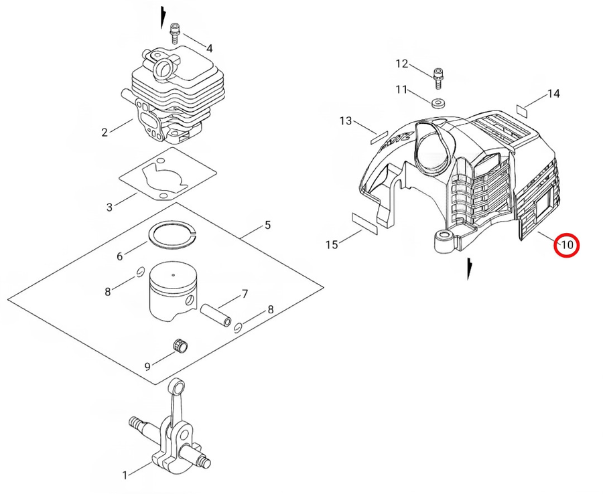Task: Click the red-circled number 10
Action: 567,245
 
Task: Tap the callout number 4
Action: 209,48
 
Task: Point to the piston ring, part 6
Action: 170,235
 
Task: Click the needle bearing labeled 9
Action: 180,345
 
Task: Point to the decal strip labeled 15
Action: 365,223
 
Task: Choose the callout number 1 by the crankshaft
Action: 125,475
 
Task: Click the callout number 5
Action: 267,225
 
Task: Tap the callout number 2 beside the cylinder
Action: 105,132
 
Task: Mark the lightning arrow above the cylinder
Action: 161,17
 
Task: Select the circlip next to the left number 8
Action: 139,272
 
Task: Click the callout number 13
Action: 346,120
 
